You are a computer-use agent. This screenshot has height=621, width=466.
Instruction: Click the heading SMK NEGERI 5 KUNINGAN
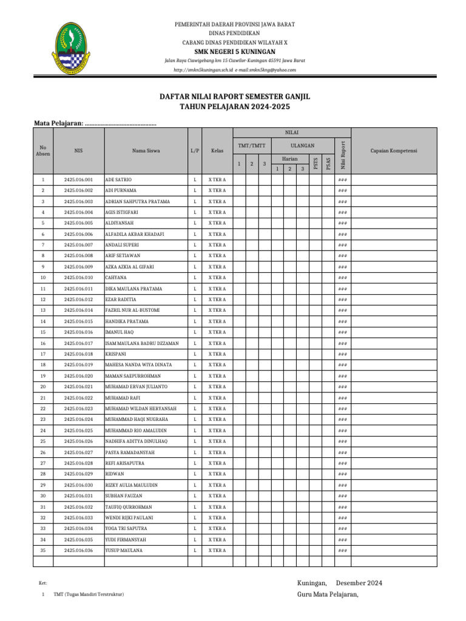[235, 52]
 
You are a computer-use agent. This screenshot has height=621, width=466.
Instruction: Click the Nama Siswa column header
[146, 151]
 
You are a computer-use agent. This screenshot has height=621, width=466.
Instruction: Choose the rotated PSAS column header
[328, 164]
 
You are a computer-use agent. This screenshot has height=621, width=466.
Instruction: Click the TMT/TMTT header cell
[251, 146]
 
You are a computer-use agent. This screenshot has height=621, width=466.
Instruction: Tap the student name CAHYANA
[116, 278]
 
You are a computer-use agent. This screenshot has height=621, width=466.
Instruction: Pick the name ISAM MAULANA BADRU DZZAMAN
[142, 343]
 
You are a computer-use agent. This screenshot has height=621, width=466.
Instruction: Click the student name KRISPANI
[116, 354]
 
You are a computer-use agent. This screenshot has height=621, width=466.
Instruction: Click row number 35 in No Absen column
[43, 550]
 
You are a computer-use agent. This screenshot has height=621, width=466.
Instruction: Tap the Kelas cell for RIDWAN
[217, 474]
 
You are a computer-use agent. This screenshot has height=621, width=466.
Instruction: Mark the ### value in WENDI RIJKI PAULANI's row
[342, 517]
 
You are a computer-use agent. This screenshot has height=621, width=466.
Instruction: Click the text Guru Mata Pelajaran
[328, 594]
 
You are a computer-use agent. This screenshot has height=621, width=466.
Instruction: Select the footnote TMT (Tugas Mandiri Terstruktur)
[89, 595]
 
